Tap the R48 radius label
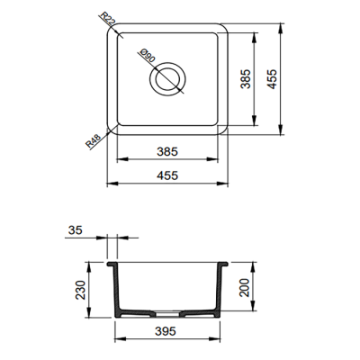point(94,141)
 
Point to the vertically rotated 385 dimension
point(245,83)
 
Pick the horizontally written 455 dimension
point(167,175)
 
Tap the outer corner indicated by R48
point(112,131)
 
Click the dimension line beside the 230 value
point(88,291)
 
